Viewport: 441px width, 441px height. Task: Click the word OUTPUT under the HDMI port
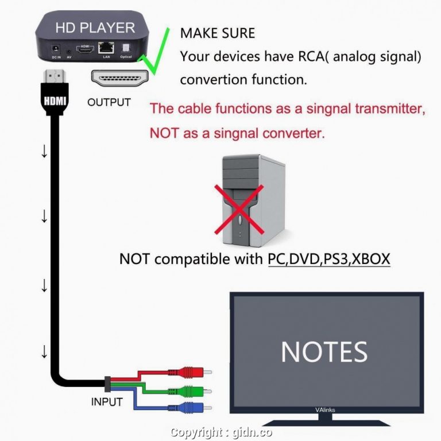(109, 103)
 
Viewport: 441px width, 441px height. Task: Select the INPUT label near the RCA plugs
(107, 402)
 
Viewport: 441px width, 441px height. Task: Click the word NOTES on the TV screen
(324, 351)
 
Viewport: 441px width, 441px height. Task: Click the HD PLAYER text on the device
(95, 27)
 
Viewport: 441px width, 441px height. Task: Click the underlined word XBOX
(370, 259)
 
